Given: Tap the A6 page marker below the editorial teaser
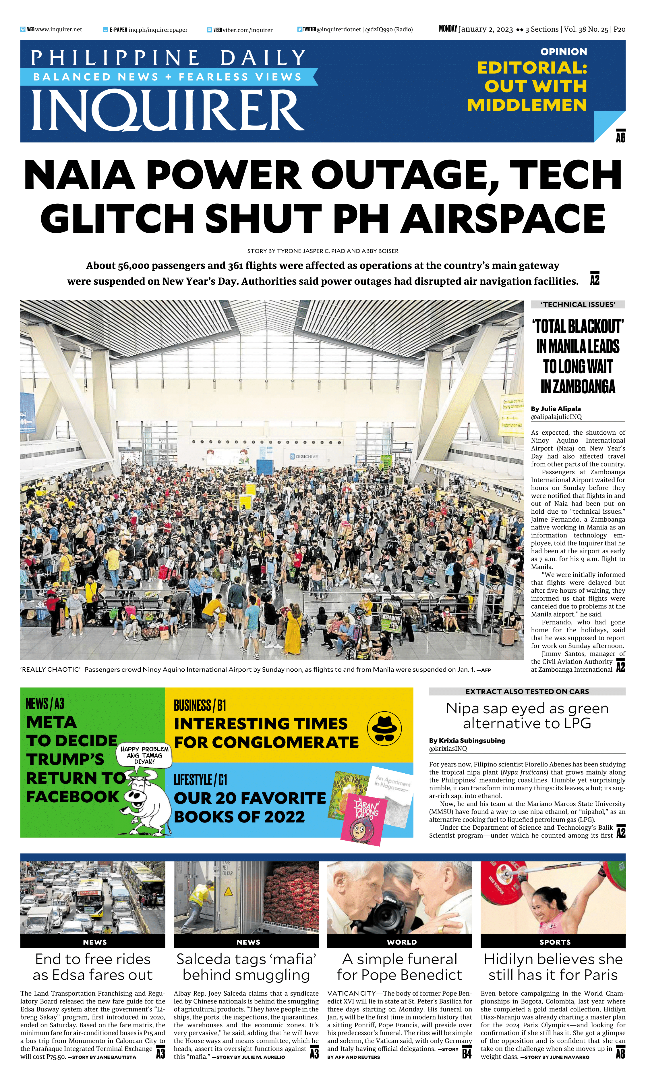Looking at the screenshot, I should pyautogui.click(x=620, y=137).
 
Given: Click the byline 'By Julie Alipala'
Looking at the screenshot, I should pyautogui.click(x=556, y=409).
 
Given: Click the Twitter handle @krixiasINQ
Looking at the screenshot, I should pyautogui.click(x=448, y=749).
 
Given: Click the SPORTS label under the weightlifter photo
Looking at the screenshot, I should pyautogui.click(x=555, y=942).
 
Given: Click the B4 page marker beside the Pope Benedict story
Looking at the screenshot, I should pyautogui.click(x=467, y=1054).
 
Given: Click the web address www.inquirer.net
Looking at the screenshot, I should pyautogui.click(x=58, y=30).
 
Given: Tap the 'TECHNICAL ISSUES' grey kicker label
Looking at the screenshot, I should pyautogui.click(x=578, y=305).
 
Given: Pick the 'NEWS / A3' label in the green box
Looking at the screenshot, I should pyautogui.click(x=45, y=704).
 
